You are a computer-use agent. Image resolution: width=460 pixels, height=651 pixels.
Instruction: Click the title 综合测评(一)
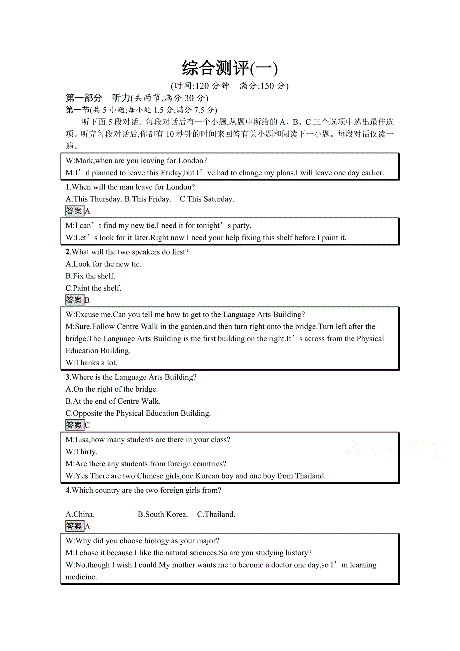click(x=229, y=68)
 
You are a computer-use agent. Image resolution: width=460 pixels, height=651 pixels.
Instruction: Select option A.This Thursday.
click(x=94, y=199)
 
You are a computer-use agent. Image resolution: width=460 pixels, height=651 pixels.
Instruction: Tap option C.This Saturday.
click(x=207, y=199)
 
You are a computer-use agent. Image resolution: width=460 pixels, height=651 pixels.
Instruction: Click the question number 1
click(x=68, y=187)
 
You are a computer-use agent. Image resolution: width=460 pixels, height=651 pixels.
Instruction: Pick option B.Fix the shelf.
click(x=90, y=276)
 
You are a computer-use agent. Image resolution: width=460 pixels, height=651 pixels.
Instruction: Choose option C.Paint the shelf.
click(x=93, y=288)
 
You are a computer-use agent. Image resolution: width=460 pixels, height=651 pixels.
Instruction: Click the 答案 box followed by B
click(x=74, y=300)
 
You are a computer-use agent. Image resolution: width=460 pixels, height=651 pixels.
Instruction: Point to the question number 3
click(x=68, y=377)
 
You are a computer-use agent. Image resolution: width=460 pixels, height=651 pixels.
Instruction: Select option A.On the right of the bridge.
click(x=112, y=389)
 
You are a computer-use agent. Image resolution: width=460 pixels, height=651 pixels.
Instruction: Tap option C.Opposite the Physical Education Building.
click(x=138, y=413)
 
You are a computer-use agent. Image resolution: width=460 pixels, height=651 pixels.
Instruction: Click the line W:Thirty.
click(x=81, y=452)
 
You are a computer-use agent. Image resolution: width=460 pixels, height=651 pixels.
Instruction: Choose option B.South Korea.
click(x=163, y=514)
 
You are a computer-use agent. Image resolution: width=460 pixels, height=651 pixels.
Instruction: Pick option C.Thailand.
click(x=216, y=514)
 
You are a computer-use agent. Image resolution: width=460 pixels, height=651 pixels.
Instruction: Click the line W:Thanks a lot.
click(x=91, y=363)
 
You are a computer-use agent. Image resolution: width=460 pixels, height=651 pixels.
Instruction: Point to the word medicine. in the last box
click(x=81, y=577)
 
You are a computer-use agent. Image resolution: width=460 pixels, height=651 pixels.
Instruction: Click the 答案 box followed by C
click(x=74, y=425)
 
